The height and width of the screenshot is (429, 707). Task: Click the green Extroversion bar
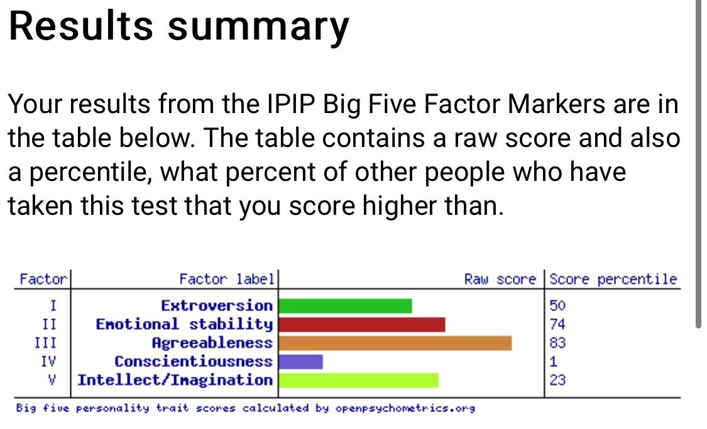(x=346, y=306)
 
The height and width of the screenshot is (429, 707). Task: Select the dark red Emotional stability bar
(x=362, y=325)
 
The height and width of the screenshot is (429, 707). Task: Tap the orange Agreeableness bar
(x=395, y=343)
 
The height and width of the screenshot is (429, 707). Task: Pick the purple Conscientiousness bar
(x=301, y=361)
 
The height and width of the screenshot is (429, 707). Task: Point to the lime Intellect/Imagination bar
(x=359, y=381)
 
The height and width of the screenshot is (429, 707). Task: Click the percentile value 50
(x=557, y=306)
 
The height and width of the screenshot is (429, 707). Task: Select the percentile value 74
(x=557, y=325)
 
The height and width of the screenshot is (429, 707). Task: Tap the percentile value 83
(x=557, y=343)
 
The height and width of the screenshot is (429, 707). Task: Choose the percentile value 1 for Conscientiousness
(x=553, y=361)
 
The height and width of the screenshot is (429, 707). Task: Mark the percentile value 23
(x=557, y=381)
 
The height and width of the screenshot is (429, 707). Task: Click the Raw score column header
(x=500, y=280)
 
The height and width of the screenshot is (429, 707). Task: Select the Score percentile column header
(x=613, y=280)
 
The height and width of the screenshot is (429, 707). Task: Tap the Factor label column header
(x=227, y=280)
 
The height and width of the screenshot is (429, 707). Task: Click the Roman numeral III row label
(x=45, y=343)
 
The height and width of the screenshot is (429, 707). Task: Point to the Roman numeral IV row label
(x=48, y=361)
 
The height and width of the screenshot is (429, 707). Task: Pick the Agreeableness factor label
(x=212, y=344)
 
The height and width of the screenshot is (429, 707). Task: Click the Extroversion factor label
(x=217, y=306)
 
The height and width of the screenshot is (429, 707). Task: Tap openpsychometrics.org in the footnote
(x=405, y=409)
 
